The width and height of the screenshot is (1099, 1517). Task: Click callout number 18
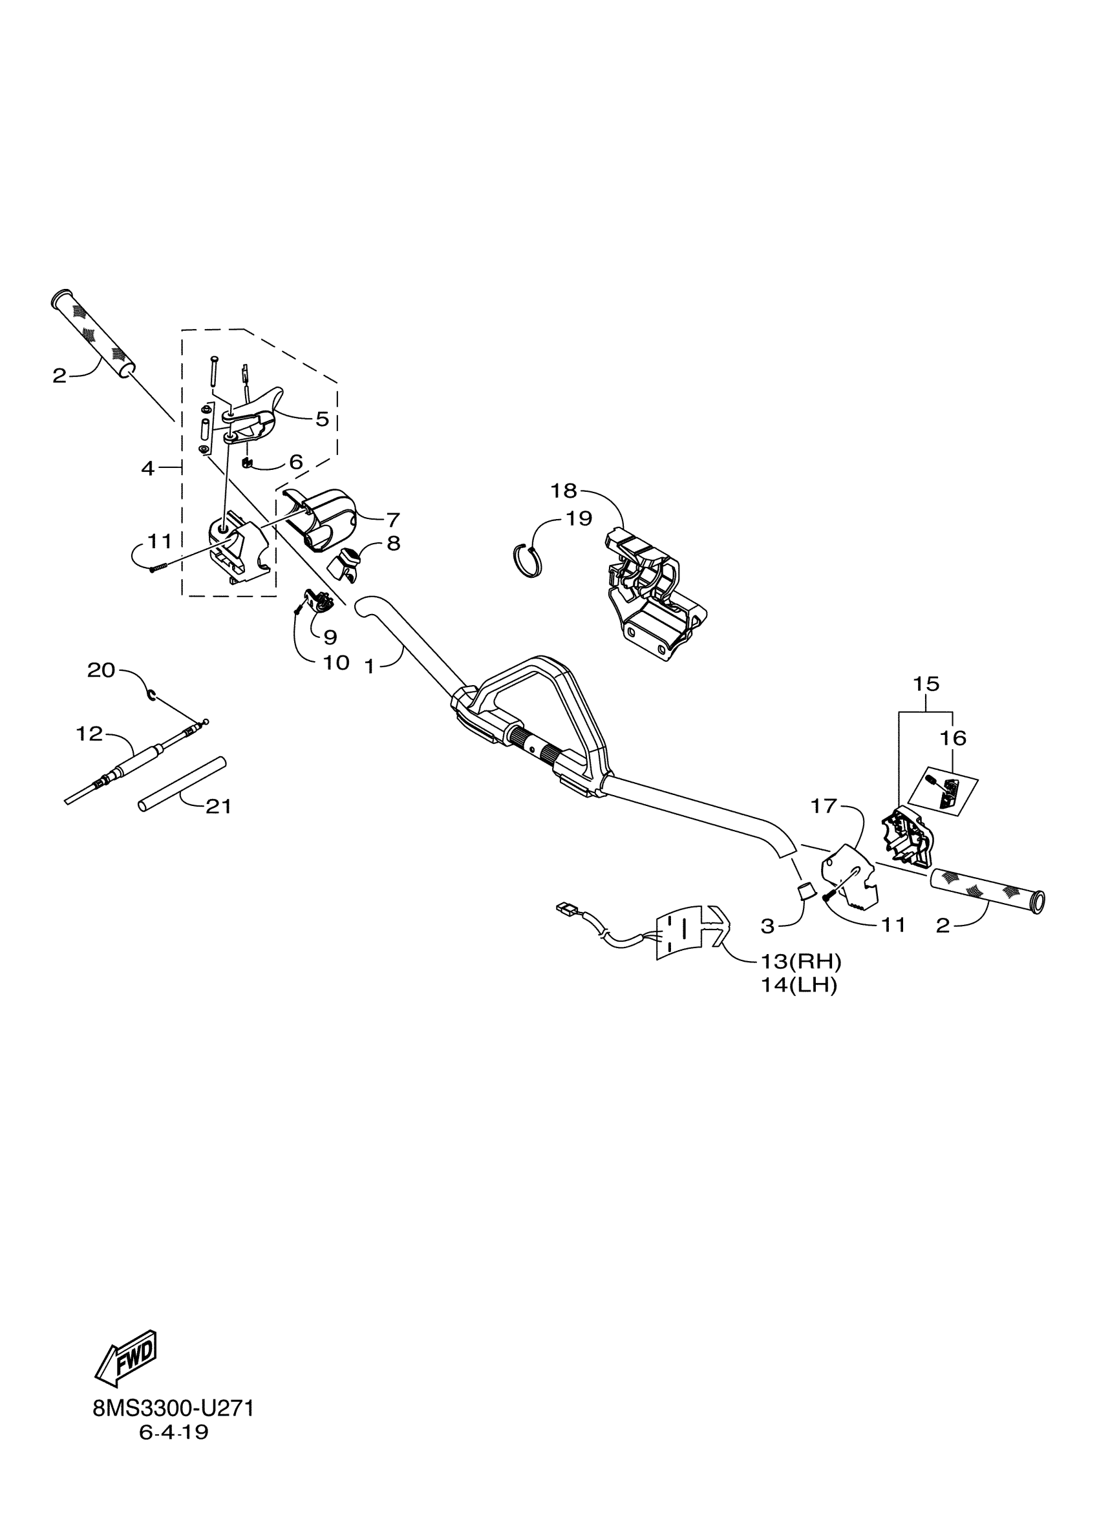pyautogui.click(x=563, y=491)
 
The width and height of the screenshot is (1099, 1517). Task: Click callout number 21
pyautogui.click(x=218, y=807)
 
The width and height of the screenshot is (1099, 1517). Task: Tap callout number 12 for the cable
pyautogui.click(x=89, y=734)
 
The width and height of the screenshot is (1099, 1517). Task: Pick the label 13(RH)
pyautogui.click(x=801, y=962)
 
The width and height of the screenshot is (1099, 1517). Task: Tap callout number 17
pyautogui.click(x=824, y=807)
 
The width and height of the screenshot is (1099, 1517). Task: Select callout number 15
pyautogui.click(x=926, y=684)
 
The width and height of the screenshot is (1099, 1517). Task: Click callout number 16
pyautogui.click(x=953, y=738)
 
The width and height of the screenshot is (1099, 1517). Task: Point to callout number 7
pyautogui.click(x=392, y=519)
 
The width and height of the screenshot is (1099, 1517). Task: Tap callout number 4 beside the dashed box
pyautogui.click(x=148, y=468)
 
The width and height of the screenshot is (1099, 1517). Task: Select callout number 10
pyautogui.click(x=336, y=663)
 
